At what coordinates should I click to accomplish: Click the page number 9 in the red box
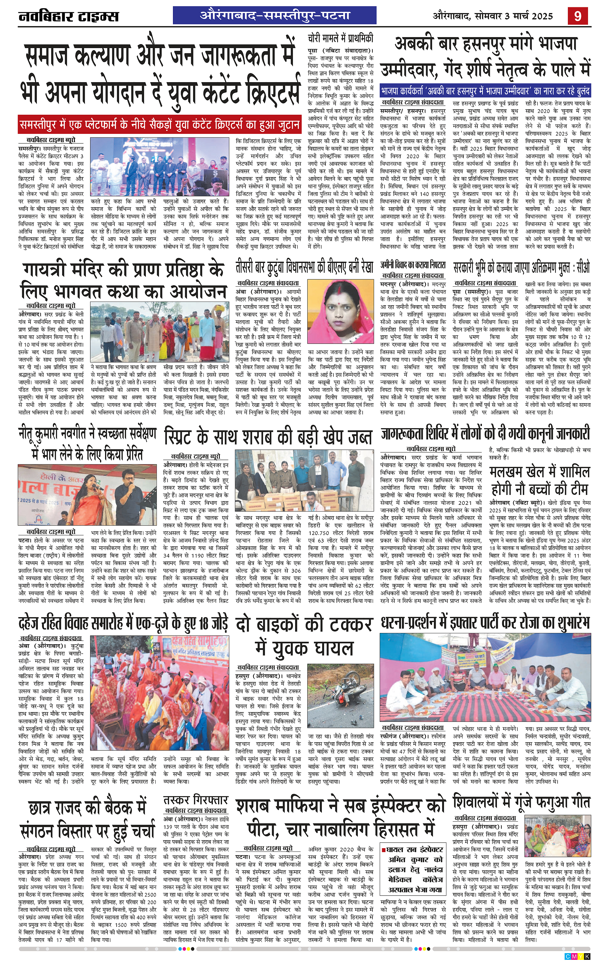pos(578,16)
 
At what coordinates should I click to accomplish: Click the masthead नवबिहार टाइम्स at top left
pos(69,16)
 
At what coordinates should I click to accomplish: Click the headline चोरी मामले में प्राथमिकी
pos(340,39)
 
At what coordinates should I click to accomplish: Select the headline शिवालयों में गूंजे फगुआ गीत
pos(521,802)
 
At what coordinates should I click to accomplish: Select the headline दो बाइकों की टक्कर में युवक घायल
pos(304,636)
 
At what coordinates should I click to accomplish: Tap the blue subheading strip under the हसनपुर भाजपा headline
pos(485,91)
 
